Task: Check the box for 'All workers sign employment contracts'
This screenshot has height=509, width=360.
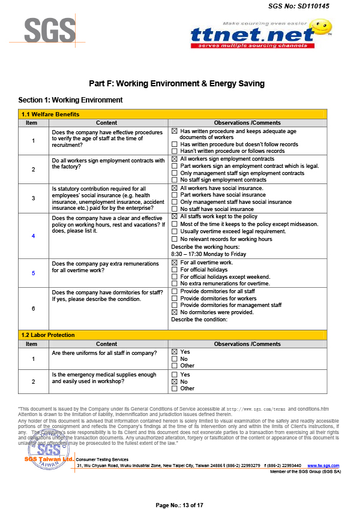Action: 175,159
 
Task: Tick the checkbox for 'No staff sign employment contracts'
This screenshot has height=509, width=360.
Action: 175,180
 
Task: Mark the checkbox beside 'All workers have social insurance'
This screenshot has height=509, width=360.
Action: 175,188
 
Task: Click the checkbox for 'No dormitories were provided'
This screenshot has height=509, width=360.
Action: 175,312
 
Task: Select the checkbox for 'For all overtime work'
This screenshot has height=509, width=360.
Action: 175,263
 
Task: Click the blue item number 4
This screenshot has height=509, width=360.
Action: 33,236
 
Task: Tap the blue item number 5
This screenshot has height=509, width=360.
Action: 33,273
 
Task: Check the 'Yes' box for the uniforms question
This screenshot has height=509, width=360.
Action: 175,352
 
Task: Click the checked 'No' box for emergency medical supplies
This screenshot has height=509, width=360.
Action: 175,381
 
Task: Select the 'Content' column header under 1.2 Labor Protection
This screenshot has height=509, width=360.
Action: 107,344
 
